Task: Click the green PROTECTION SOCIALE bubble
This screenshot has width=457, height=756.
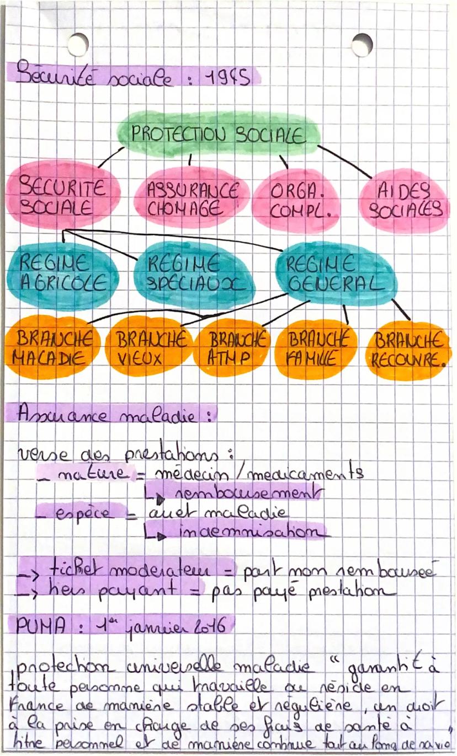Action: pyautogui.click(x=218, y=133)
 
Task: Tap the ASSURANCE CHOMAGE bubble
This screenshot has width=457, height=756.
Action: pyautogui.click(x=191, y=199)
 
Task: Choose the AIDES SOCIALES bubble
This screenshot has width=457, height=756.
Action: pyautogui.click(x=406, y=201)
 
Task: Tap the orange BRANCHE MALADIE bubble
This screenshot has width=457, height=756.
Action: pyautogui.click(x=51, y=347)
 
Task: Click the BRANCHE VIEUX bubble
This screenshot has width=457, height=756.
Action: pyautogui.click(x=148, y=347)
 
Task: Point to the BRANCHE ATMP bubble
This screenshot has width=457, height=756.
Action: pyautogui.click(x=232, y=347)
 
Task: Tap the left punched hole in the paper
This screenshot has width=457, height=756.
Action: pyautogui.click(x=78, y=44)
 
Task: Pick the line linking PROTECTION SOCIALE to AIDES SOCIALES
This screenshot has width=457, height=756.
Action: pyautogui.click(x=344, y=161)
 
